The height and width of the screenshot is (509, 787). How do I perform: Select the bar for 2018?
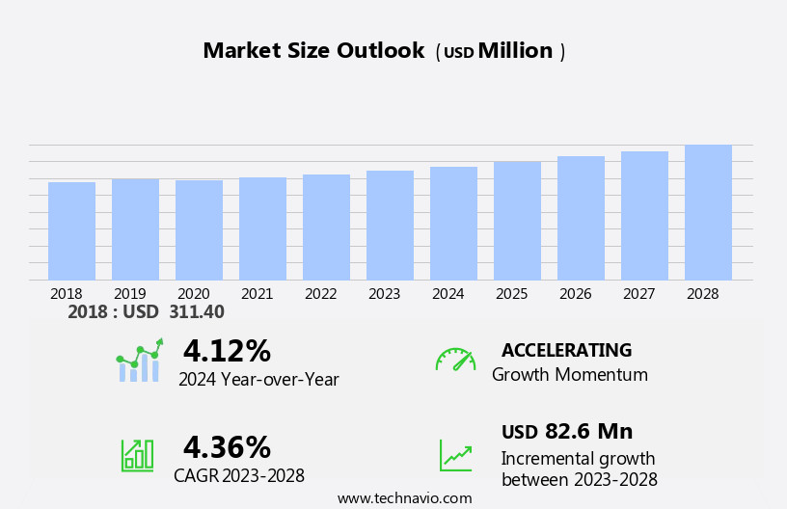tap(71, 231)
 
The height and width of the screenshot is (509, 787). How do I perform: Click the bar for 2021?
tap(262, 229)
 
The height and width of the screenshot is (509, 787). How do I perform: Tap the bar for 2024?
tap(453, 224)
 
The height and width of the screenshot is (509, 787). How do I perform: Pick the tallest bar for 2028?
tap(708, 213)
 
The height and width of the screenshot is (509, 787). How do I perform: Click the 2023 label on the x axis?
tap(384, 294)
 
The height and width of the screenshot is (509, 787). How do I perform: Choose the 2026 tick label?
tap(575, 294)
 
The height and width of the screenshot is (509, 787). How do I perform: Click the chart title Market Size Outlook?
tap(313, 51)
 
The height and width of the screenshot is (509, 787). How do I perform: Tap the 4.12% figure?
tap(227, 351)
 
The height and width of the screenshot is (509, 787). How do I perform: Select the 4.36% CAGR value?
tap(227, 447)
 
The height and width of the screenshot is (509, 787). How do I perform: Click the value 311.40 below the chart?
tap(196, 312)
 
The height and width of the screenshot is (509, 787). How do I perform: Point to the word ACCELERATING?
tap(566, 350)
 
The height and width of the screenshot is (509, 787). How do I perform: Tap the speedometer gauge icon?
tap(455, 360)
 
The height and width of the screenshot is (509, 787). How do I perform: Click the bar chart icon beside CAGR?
tap(137, 454)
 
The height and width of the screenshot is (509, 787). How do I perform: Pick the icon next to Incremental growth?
tap(455, 455)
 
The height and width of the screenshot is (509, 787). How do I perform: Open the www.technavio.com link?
tap(404, 498)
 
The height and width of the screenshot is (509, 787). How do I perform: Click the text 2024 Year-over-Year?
tap(258, 380)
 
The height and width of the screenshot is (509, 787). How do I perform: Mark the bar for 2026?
tap(581, 219)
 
